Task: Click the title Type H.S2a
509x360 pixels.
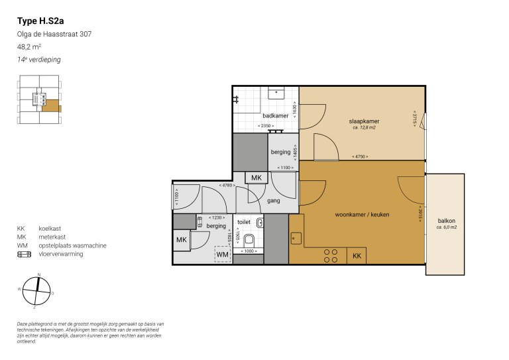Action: tap(40, 21)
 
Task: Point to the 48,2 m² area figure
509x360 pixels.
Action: tap(29, 47)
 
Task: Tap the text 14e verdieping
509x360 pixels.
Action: tap(39, 60)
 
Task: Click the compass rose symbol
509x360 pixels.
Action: tap(37, 289)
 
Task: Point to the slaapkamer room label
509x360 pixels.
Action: tap(364, 121)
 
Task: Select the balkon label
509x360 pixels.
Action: tap(446, 221)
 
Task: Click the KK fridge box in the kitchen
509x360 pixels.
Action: tap(357, 256)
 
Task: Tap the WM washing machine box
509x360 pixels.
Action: tap(223, 254)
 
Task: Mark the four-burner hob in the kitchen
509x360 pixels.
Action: tap(331, 256)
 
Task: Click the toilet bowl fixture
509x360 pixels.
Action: tap(251, 239)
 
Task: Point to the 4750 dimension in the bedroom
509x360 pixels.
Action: tap(361, 156)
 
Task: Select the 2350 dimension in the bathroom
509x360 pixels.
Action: tap(267, 126)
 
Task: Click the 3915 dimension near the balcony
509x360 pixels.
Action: tap(420, 214)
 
